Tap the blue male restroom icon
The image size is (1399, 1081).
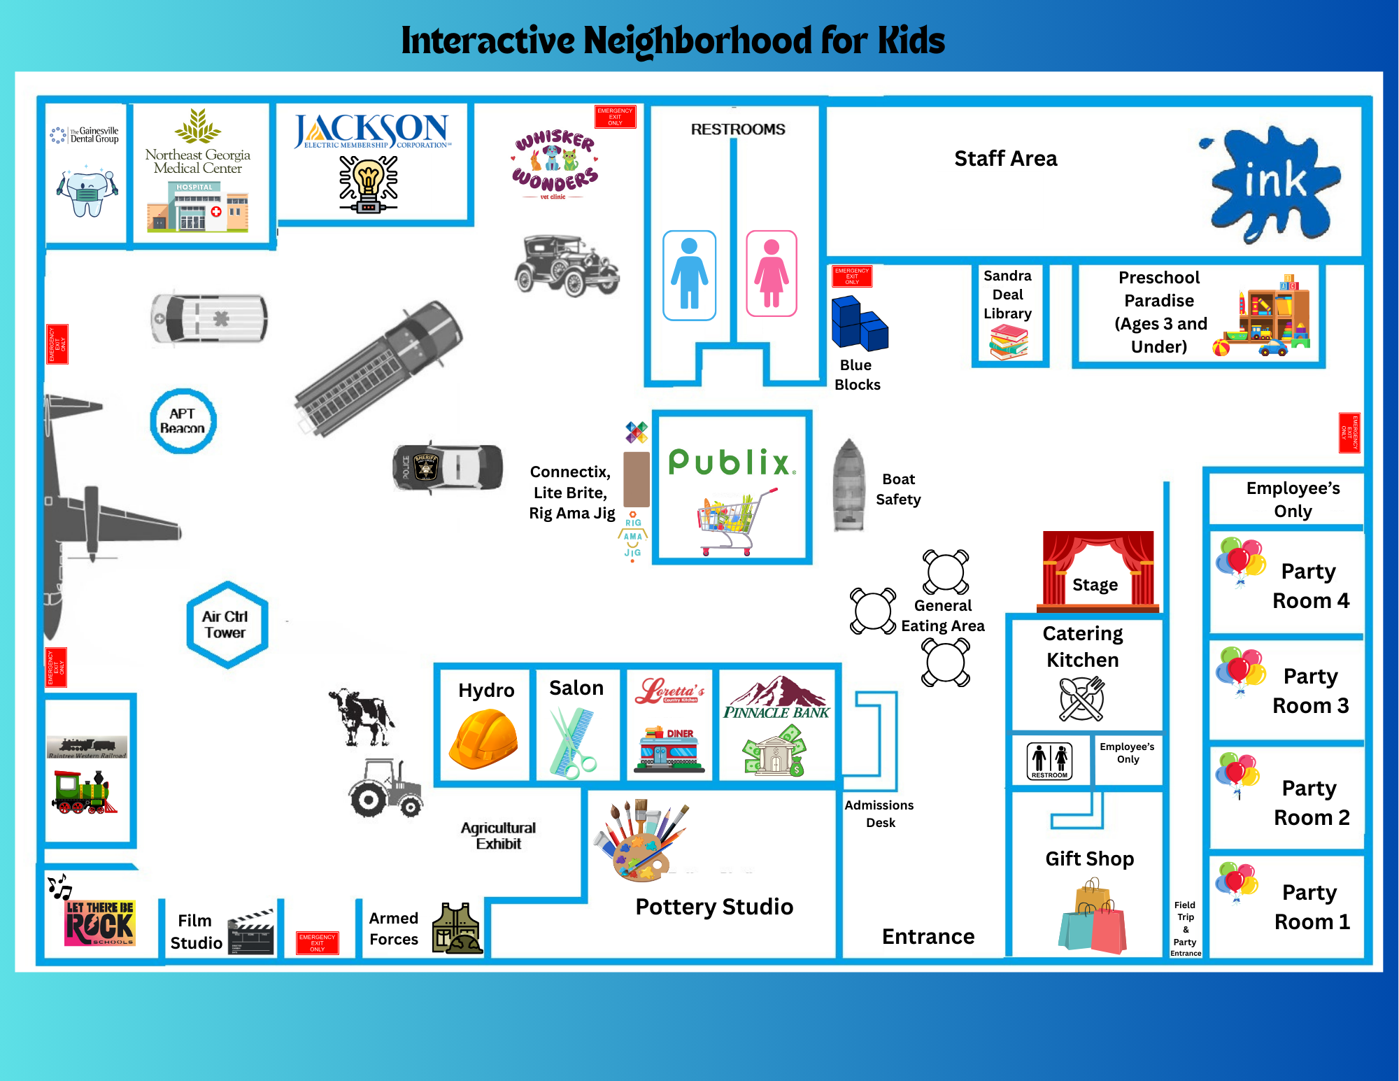tap(689, 275)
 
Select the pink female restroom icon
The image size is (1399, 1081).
tap(771, 274)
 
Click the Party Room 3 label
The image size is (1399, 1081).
tap(1310, 691)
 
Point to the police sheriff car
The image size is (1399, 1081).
tap(448, 467)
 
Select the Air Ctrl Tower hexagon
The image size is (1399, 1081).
tap(226, 624)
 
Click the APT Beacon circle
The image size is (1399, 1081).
tap(183, 421)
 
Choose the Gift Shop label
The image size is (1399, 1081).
tap(1089, 859)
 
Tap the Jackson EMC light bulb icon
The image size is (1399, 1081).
tap(368, 184)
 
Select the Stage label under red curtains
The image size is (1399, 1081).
tap(1095, 584)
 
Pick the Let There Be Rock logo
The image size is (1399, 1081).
tap(100, 922)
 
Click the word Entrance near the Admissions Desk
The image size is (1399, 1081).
tap(928, 936)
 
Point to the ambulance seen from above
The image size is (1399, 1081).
tap(209, 318)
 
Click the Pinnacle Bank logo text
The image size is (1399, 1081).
tap(776, 712)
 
